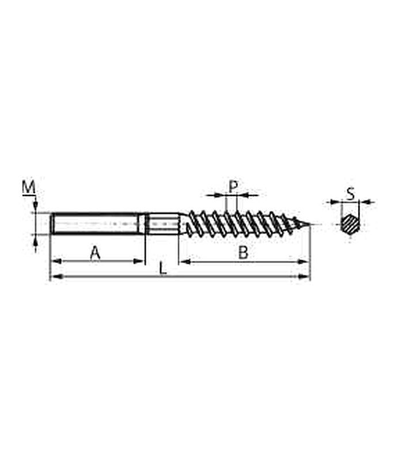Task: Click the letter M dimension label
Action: (29, 187)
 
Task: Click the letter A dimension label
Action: (95, 253)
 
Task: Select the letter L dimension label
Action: (163, 269)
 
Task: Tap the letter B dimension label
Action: (243, 252)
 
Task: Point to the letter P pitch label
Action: (233, 186)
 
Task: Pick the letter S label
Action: (351, 194)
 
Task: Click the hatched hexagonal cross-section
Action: (351, 225)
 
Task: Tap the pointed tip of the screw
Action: (310, 225)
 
